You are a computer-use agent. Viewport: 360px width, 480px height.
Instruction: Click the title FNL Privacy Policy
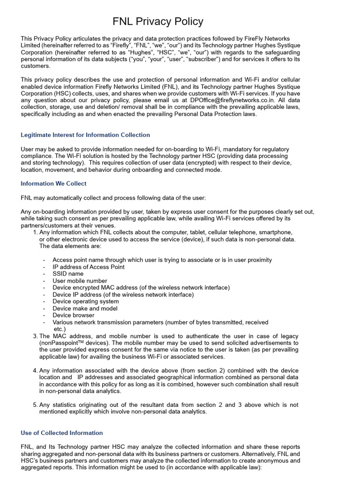158,22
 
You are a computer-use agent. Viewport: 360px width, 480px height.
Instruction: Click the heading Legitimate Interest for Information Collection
85,135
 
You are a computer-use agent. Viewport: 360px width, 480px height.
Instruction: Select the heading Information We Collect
53,183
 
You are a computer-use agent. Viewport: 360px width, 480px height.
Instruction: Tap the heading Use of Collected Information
62,433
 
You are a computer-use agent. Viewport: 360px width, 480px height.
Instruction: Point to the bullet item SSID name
68,274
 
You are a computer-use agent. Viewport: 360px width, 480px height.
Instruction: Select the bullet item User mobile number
80,281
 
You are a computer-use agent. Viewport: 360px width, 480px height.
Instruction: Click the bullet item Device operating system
85,301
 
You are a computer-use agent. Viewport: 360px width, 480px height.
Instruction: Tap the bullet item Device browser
74,315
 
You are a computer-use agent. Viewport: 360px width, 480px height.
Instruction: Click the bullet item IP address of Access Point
89,267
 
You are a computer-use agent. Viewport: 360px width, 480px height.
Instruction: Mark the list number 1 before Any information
35,232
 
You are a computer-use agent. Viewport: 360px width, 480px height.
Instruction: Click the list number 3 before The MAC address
35,337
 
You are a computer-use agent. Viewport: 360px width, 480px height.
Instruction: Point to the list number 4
35,371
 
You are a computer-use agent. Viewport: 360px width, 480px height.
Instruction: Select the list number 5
35,405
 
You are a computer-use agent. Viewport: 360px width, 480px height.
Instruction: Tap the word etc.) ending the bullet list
60,329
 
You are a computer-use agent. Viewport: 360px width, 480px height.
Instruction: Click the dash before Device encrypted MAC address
44,288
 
